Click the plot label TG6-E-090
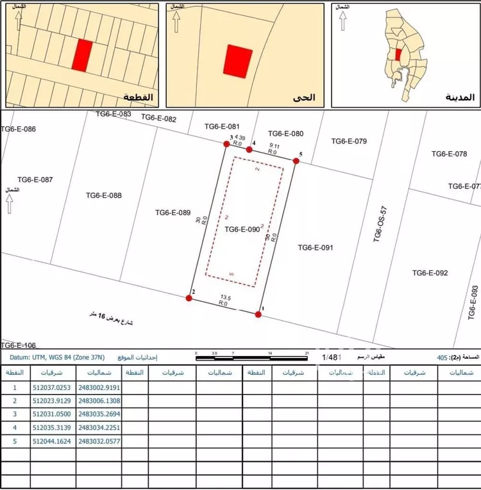click(242, 229)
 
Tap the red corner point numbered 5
click(296, 161)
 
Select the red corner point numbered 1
click(258, 314)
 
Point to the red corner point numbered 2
click(189, 298)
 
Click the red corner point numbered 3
click(226, 144)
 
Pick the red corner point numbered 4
click(249, 149)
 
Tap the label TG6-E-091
click(316, 247)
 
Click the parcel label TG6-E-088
click(103, 196)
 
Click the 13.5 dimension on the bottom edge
click(225, 297)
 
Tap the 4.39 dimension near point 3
click(240, 137)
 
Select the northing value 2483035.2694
click(99, 414)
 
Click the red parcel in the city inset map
click(399, 55)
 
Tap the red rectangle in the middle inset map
click(237, 61)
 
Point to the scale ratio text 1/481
click(331, 357)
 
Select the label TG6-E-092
click(430, 273)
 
